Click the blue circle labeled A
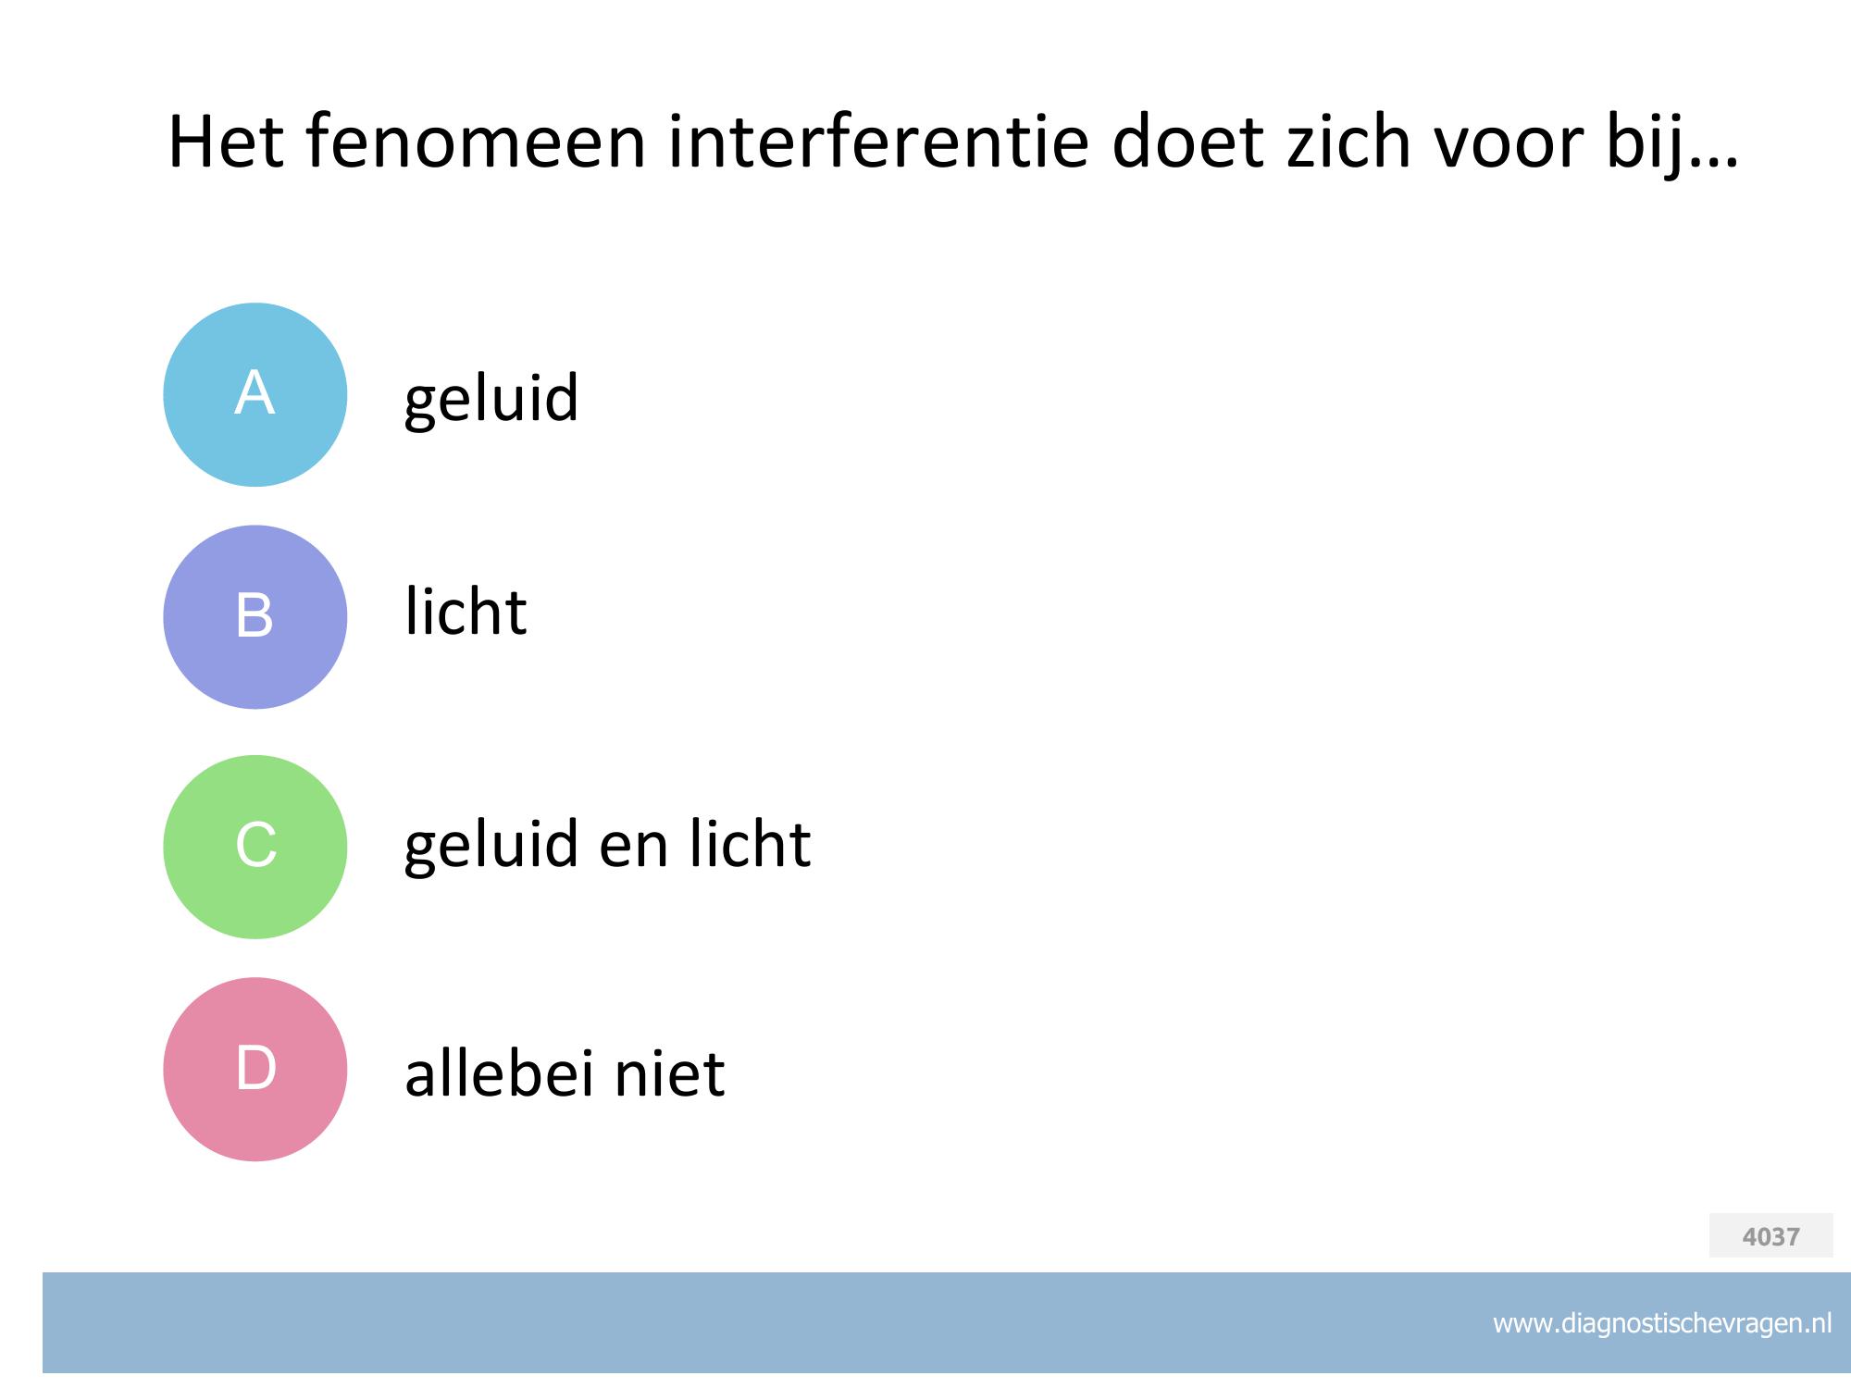pyautogui.click(x=255, y=394)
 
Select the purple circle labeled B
pyautogui.click(x=255, y=617)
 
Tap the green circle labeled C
pyautogui.click(x=255, y=847)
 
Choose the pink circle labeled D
pyautogui.click(x=255, y=1069)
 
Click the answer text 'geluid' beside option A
pyautogui.click(x=491, y=400)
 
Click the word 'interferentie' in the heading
pyautogui.click(x=878, y=143)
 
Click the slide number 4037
pyautogui.click(x=1770, y=1236)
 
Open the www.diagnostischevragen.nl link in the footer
pyautogui.click(x=1662, y=1323)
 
